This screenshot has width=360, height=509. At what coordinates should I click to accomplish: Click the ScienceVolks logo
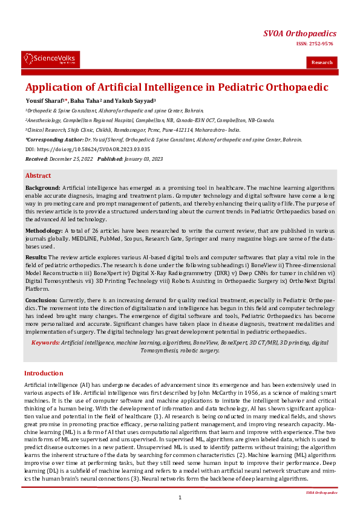pos(50,59)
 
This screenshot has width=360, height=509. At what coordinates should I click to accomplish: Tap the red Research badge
pos(322,62)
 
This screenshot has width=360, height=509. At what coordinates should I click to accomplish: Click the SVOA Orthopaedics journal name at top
pos(300,33)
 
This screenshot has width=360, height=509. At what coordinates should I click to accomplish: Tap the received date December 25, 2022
pos(71,158)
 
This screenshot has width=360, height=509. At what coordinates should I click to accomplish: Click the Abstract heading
pos(38,175)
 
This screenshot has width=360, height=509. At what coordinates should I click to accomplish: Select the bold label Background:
pos(43,189)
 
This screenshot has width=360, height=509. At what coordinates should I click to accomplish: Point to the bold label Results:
pos(36,257)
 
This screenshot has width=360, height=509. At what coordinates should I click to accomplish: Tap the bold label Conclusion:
pos(42,300)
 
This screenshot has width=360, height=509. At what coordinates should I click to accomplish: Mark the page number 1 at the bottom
pos(180,497)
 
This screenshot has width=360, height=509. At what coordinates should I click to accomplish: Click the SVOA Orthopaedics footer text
pos(321,493)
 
